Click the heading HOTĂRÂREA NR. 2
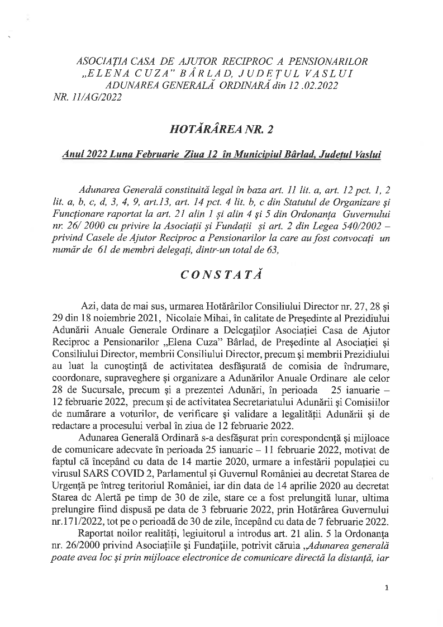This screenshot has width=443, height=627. [x=222, y=130]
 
